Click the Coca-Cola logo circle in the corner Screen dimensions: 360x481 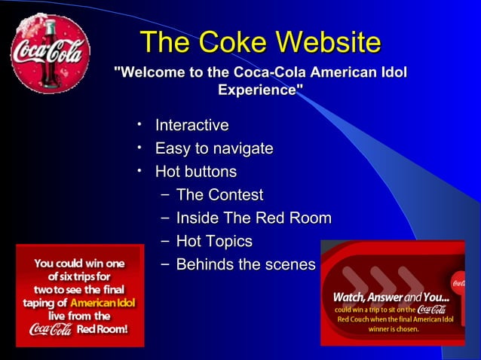[50, 53]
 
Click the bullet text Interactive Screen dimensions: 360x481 [191, 125]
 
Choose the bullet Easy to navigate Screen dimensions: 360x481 [213, 148]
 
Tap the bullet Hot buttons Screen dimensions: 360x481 [195, 172]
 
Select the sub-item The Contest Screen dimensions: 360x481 [219, 196]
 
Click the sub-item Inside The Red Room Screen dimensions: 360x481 [253, 219]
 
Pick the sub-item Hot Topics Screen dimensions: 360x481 [213, 242]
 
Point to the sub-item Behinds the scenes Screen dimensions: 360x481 [245, 265]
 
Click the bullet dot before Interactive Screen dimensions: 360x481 [139, 124]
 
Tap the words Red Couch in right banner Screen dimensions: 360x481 [353, 319]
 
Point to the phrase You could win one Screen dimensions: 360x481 [79, 264]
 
